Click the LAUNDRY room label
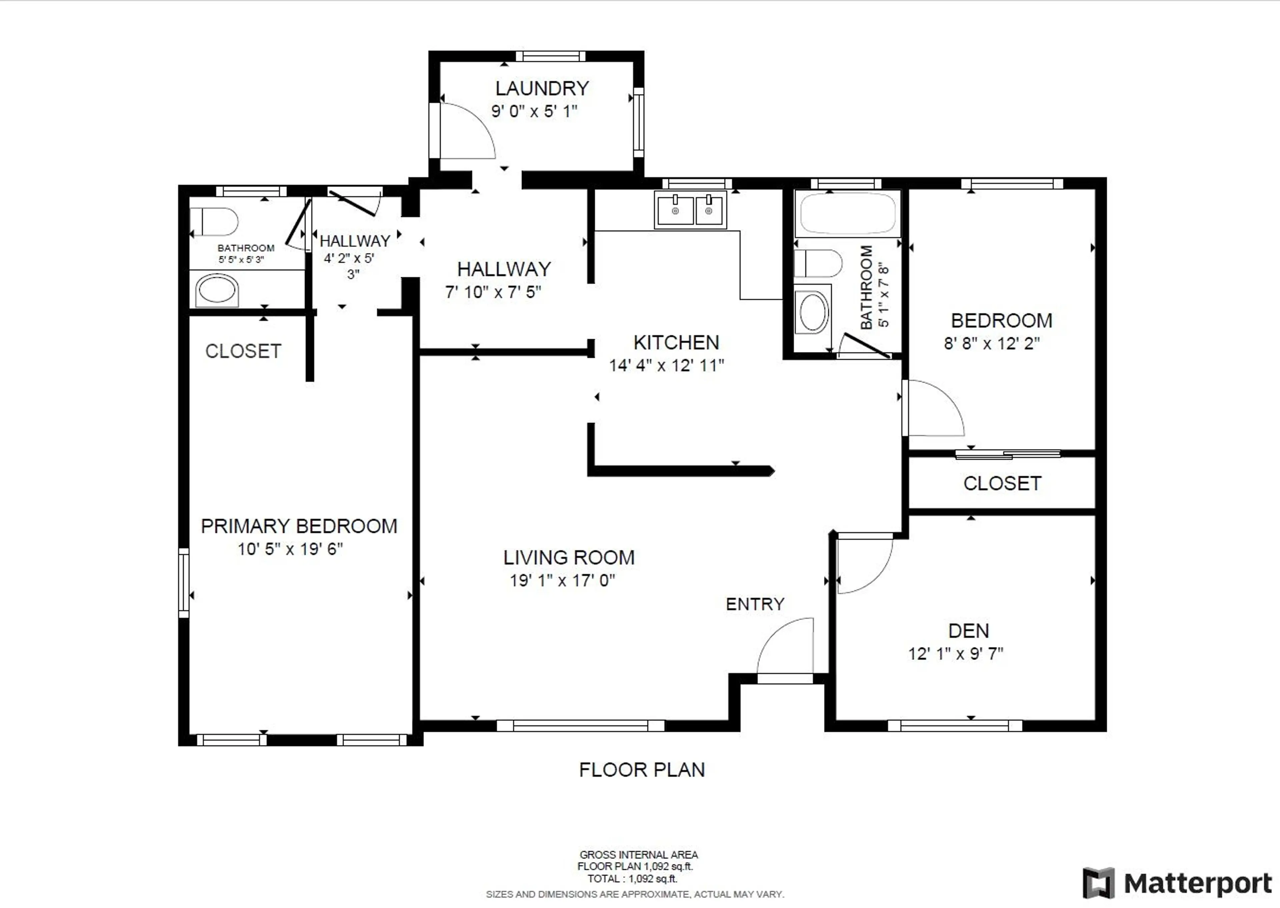[542, 88]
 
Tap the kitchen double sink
[691, 210]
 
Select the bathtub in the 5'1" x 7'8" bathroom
[847, 213]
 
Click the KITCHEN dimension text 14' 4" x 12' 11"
[666, 366]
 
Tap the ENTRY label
[755, 604]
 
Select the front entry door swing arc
[783, 643]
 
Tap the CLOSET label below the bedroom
[1002, 484]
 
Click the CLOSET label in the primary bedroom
[243, 351]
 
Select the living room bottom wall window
[580, 726]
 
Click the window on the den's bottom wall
[955, 726]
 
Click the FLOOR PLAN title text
[642, 770]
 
